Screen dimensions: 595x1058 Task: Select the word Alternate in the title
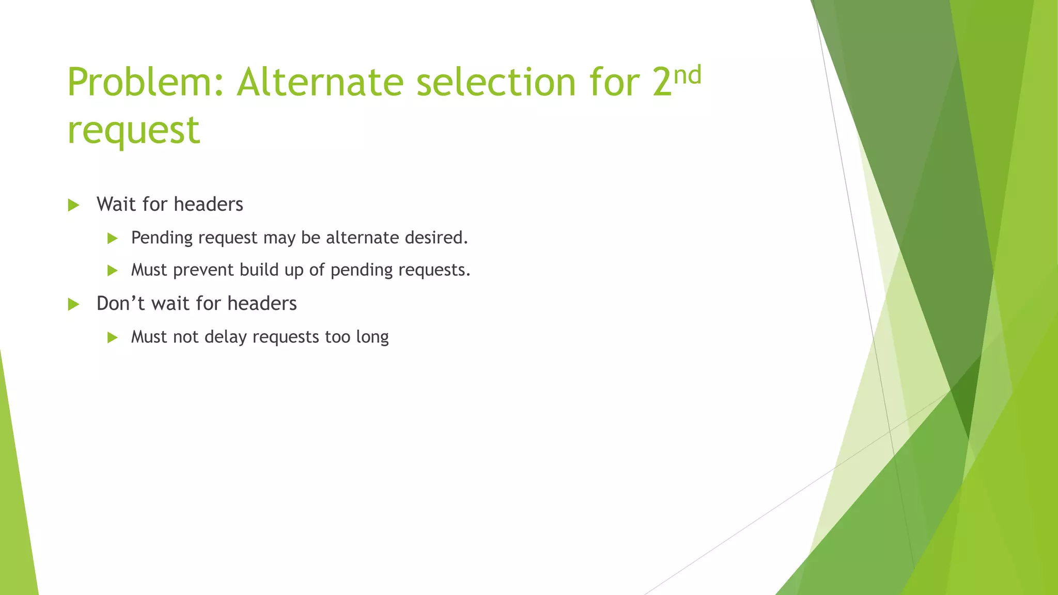click(x=320, y=83)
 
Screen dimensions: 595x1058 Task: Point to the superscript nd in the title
click(x=688, y=75)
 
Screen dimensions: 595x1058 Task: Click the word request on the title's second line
click(x=133, y=130)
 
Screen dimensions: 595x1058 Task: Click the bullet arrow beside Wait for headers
click(x=73, y=205)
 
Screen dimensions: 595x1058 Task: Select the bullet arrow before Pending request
click(x=113, y=238)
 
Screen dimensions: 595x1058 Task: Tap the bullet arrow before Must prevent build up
click(x=113, y=270)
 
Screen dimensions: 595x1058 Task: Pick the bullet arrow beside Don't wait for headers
click(x=73, y=304)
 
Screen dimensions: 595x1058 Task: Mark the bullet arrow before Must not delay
click(x=113, y=338)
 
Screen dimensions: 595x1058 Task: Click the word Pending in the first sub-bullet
click(x=162, y=238)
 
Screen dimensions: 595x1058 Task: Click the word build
click(x=259, y=270)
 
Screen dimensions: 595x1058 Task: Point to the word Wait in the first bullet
click(x=117, y=204)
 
